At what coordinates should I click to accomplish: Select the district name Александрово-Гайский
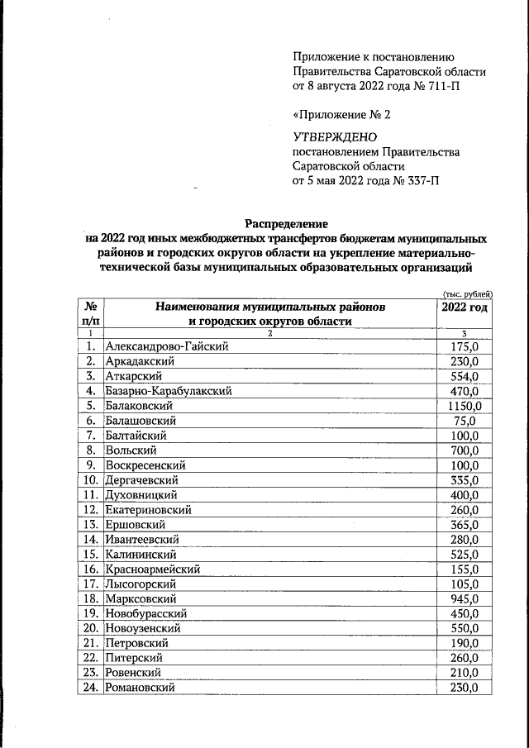[166, 346]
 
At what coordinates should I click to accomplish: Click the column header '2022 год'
[465, 307]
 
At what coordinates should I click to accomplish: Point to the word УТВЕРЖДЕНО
[335, 136]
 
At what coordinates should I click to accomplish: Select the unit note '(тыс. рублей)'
[468, 293]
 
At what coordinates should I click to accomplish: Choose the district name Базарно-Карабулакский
[168, 391]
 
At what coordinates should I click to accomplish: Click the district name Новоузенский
[143, 628]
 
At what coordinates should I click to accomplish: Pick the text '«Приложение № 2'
[341, 115]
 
